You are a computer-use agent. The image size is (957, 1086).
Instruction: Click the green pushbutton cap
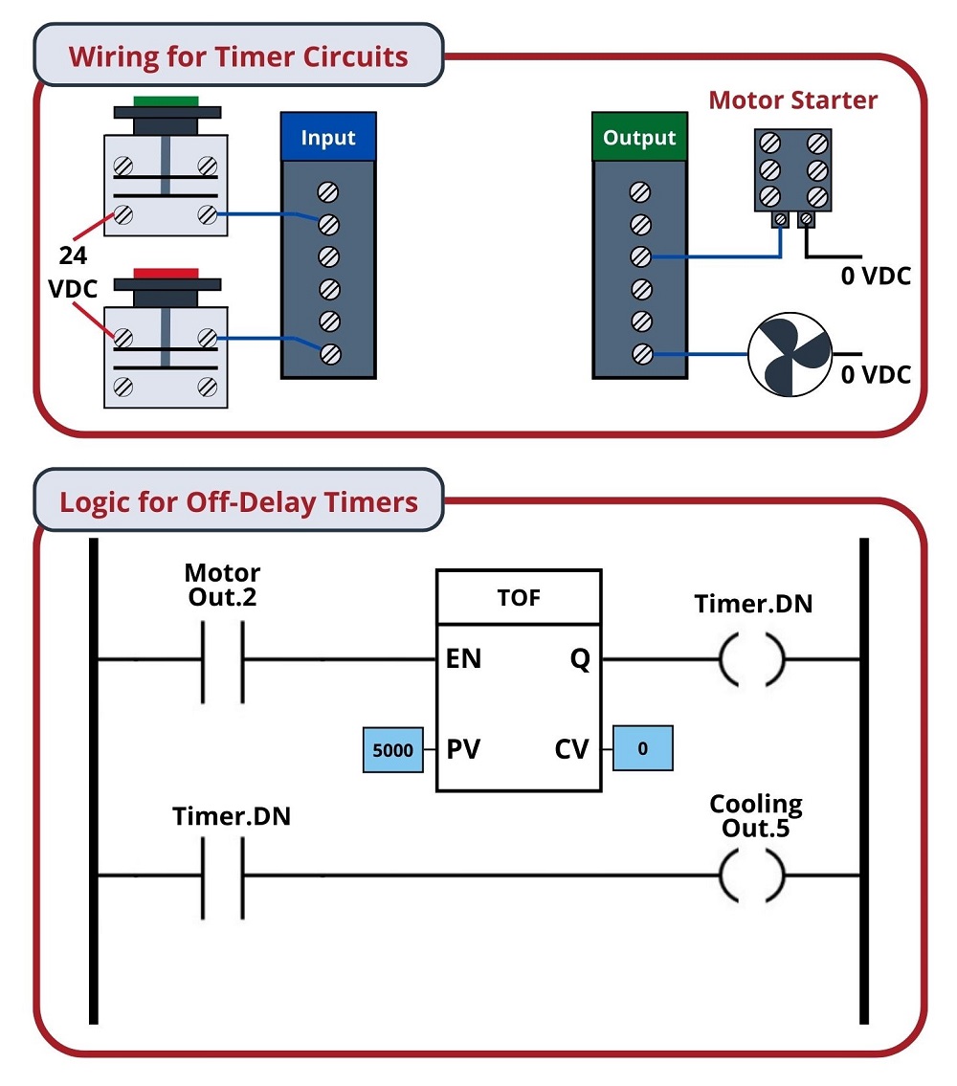coord(166,100)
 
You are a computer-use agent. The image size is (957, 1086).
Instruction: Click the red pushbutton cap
coord(166,274)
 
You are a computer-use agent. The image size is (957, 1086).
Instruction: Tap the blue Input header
coord(328,138)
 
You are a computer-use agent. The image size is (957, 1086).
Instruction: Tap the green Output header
coord(639,139)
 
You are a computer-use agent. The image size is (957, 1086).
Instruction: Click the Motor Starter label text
coord(792,100)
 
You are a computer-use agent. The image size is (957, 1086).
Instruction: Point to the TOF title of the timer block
coord(520,598)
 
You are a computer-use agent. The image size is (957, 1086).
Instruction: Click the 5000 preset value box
coord(392,750)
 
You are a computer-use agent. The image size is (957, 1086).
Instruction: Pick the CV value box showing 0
coord(642,748)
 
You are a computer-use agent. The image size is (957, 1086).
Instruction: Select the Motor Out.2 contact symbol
coord(222,660)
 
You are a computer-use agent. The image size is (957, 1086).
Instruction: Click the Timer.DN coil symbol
coord(751,660)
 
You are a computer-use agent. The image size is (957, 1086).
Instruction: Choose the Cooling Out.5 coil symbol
coord(751,875)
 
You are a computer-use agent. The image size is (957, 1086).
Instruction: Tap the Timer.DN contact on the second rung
coord(222,875)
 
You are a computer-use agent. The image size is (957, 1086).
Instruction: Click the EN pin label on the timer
coord(464,660)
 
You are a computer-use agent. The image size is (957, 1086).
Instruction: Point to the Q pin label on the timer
coord(580,660)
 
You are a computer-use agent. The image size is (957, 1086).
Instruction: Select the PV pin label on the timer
coord(464,749)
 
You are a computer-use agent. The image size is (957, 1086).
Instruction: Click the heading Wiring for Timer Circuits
coord(238,55)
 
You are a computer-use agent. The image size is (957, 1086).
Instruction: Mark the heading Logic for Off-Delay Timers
coord(238,501)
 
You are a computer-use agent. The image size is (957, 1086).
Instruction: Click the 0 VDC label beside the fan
coord(876,374)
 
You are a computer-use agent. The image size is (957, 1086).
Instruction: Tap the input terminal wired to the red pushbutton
coord(329,353)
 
